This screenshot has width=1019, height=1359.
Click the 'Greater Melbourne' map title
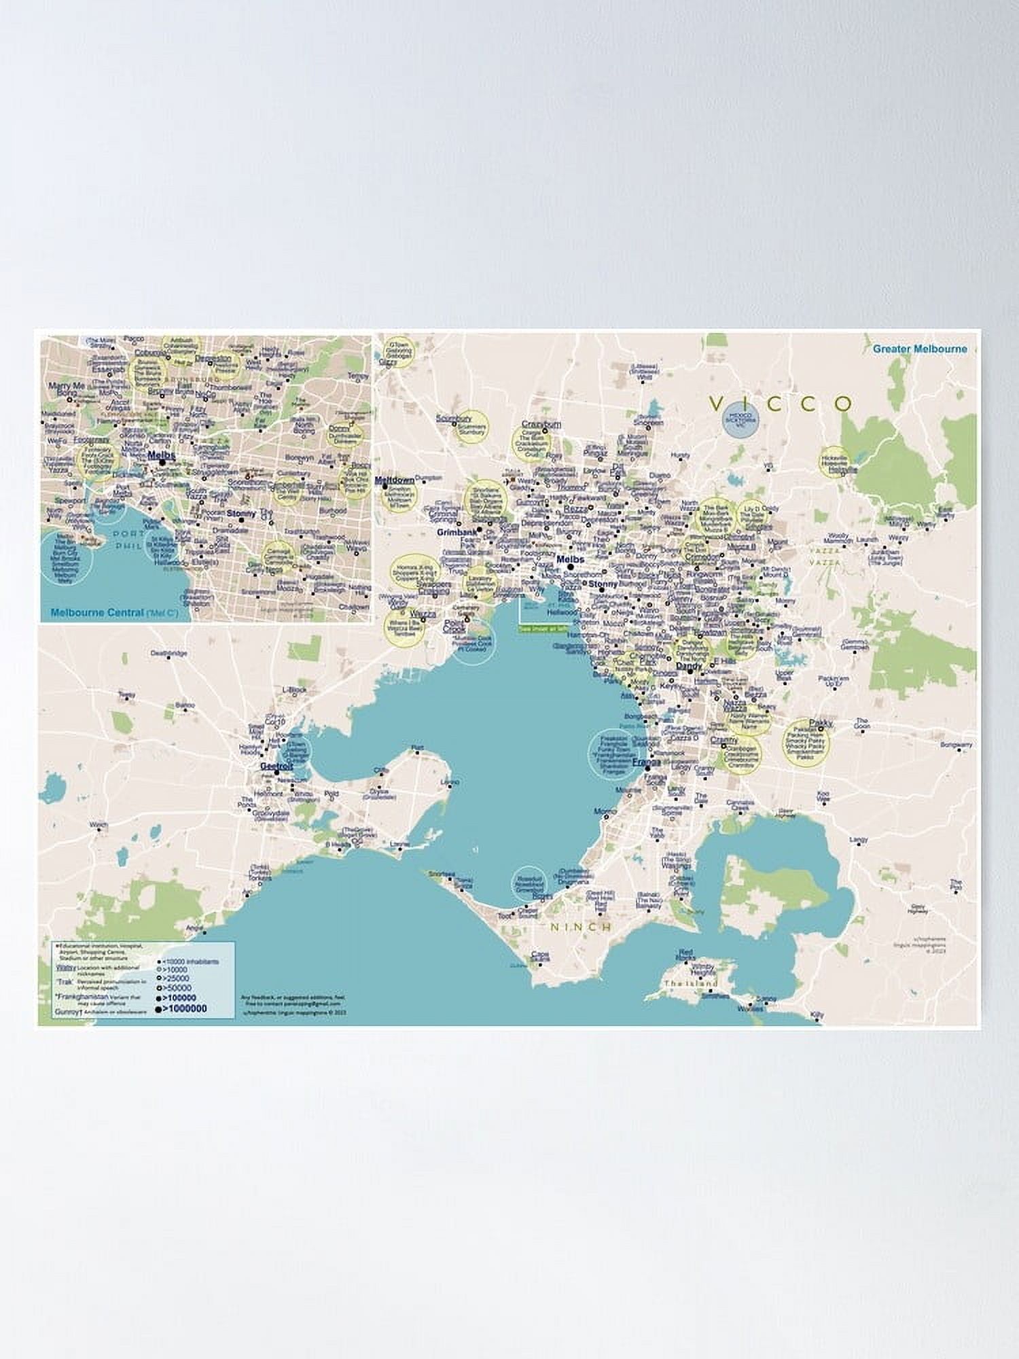920,349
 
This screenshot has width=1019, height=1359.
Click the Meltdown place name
395,480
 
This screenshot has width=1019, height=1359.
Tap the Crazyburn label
541,424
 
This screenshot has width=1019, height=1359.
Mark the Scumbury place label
454,419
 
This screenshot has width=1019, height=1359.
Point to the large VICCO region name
781,404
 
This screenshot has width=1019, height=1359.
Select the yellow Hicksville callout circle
834,460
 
